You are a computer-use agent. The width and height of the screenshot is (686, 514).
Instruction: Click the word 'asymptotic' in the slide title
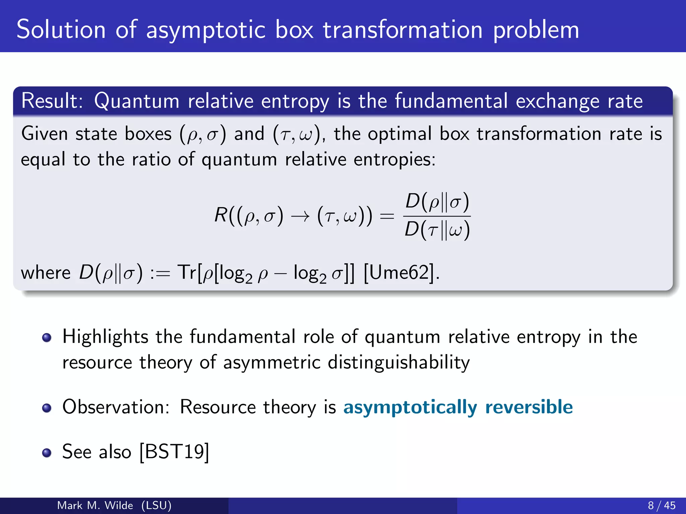[206, 30]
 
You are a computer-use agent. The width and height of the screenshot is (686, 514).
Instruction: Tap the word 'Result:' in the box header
[52, 101]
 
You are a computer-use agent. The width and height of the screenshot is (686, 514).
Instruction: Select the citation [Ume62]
[401, 272]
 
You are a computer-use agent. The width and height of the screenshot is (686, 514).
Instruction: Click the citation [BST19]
[174, 452]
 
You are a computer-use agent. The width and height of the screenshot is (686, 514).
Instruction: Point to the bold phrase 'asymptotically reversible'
[458, 407]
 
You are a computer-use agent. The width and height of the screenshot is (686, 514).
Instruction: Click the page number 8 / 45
[662, 505]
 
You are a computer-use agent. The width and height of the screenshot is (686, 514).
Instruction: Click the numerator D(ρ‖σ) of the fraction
[437, 202]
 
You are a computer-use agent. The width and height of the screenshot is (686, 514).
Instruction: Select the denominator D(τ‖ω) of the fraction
[437, 230]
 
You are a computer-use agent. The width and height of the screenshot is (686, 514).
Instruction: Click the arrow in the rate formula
[300, 217]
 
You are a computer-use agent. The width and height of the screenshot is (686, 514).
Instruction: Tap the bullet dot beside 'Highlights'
[47, 338]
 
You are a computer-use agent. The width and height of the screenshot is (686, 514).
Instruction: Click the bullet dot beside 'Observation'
[47, 408]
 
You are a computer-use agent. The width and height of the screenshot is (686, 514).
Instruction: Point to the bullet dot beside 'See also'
[47, 453]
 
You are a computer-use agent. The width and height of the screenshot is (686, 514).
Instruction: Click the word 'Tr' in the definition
[187, 272]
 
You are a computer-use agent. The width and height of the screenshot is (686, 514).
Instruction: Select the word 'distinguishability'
[399, 362]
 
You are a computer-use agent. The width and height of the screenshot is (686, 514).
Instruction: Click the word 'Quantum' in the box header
[137, 101]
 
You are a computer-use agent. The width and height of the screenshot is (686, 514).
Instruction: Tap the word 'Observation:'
[116, 407]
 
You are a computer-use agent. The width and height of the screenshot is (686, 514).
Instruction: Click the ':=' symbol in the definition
[160, 273]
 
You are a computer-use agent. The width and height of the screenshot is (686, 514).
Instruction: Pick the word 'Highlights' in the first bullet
[105, 337]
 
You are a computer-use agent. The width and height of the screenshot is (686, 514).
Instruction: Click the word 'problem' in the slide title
[536, 30]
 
